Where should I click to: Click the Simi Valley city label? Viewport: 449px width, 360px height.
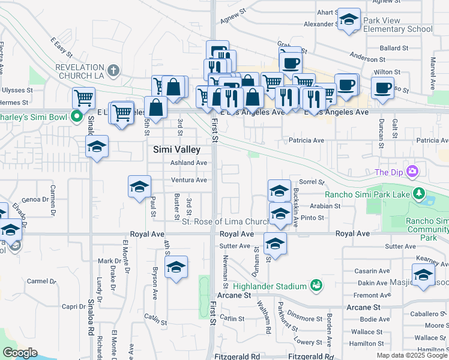point(176,149)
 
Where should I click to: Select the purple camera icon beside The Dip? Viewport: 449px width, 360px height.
point(412,172)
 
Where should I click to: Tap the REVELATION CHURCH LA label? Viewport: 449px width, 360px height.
point(88,71)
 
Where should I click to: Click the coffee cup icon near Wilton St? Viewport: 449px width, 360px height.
point(382,88)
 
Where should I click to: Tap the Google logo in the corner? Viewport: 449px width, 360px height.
point(20,353)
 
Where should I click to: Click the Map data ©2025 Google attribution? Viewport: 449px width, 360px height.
point(412,355)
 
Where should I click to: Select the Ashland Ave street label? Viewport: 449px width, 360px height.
point(188,163)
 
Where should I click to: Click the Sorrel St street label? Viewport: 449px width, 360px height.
point(312,181)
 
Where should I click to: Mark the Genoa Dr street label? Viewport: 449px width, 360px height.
point(34,199)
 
